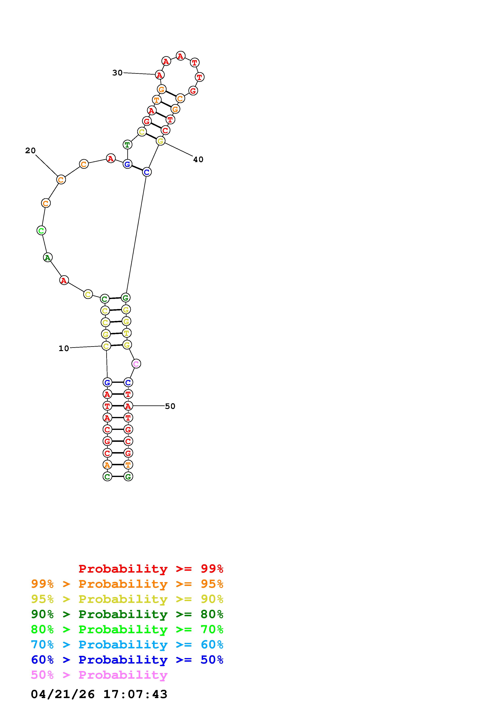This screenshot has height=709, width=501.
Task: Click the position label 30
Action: [x=117, y=73]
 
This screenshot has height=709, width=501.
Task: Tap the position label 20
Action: [x=31, y=151]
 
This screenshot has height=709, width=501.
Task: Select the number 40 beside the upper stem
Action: [x=198, y=160]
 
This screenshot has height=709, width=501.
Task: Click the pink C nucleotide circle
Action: [x=136, y=364]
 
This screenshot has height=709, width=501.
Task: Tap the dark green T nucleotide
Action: [x=127, y=145]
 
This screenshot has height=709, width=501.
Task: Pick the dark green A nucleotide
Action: [x=47, y=257]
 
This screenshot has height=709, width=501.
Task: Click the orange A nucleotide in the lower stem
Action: [x=107, y=464]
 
